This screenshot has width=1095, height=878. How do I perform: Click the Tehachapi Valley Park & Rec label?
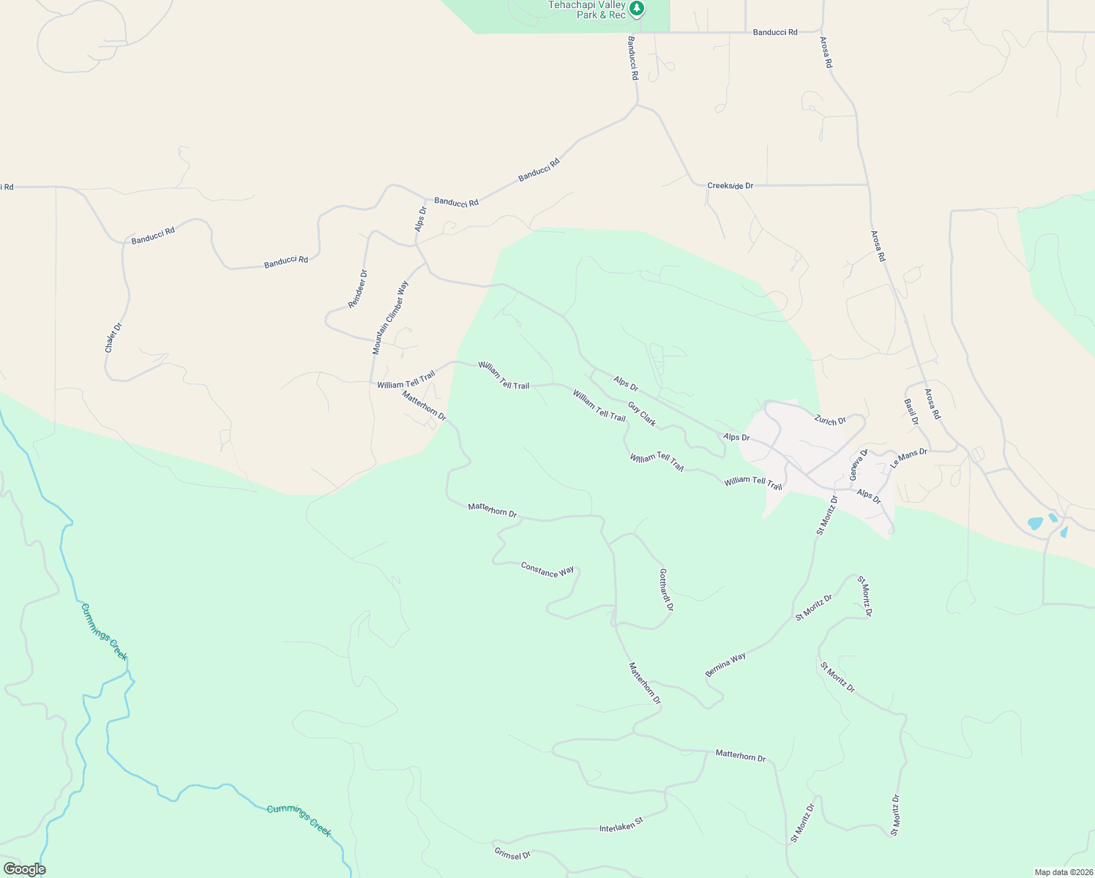click(587, 10)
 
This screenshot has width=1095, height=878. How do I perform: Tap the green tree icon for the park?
click(638, 9)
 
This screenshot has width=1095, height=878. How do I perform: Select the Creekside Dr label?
click(730, 186)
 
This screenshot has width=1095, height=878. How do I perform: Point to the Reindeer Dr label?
click(358, 288)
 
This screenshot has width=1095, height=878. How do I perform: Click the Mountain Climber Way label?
click(390, 318)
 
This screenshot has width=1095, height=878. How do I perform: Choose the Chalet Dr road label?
click(113, 337)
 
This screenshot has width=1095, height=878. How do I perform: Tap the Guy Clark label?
click(642, 414)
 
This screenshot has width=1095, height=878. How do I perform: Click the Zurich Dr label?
click(830, 421)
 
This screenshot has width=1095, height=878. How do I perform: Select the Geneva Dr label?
click(858, 465)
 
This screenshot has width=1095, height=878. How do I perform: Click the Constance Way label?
click(547, 569)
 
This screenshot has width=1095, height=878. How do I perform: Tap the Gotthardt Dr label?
click(666, 590)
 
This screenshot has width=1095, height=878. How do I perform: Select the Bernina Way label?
click(725, 664)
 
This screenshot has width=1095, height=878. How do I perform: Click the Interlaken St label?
click(621, 825)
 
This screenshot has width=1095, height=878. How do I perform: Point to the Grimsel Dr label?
click(512, 854)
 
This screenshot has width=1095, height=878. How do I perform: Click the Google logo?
click(24, 869)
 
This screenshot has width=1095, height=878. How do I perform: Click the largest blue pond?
click(1035, 523)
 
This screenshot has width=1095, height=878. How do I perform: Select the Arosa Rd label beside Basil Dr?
click(932, 404)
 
